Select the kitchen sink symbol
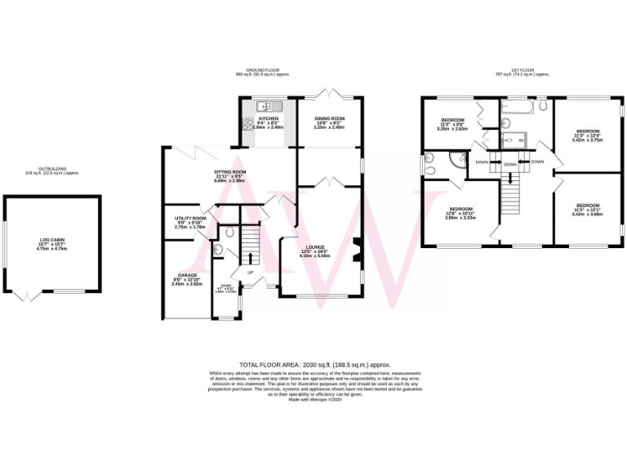266,107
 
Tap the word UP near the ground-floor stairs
250,273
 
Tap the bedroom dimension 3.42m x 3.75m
588,140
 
